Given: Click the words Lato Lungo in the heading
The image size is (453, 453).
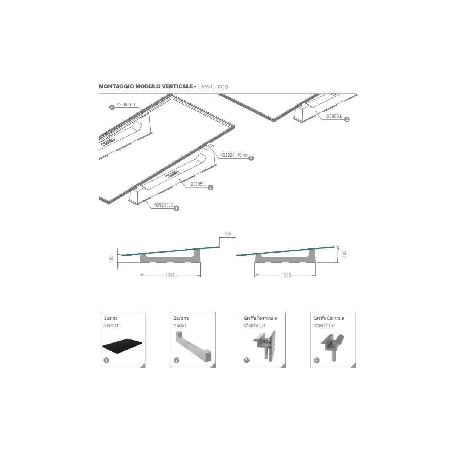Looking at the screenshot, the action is (213, 86).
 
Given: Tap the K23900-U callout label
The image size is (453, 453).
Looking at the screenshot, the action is (126, 105).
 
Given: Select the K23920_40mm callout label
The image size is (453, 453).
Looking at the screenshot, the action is (234, 155).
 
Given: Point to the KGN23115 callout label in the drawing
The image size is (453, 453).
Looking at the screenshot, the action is (163, 205).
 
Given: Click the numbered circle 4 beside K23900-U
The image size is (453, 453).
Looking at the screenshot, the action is (112, 108).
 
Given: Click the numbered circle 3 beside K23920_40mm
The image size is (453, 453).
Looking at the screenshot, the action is (251, 158).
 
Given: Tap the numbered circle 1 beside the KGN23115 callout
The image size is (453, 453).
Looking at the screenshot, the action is (176, 208).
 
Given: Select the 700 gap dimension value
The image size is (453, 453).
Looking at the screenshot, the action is (227, 233).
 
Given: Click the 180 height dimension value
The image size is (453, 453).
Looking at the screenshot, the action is (111, 258).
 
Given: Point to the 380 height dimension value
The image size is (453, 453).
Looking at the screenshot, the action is (344, 254).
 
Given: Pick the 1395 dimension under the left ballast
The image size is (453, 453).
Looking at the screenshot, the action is (170, 275).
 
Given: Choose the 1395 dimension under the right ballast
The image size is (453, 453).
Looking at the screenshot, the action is (286, 275).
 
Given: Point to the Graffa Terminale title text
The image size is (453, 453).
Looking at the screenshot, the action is (260, 318).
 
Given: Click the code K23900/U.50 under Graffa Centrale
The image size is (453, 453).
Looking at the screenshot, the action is (324, 325).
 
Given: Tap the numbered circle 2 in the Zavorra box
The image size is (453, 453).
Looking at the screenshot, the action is (177, 360).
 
